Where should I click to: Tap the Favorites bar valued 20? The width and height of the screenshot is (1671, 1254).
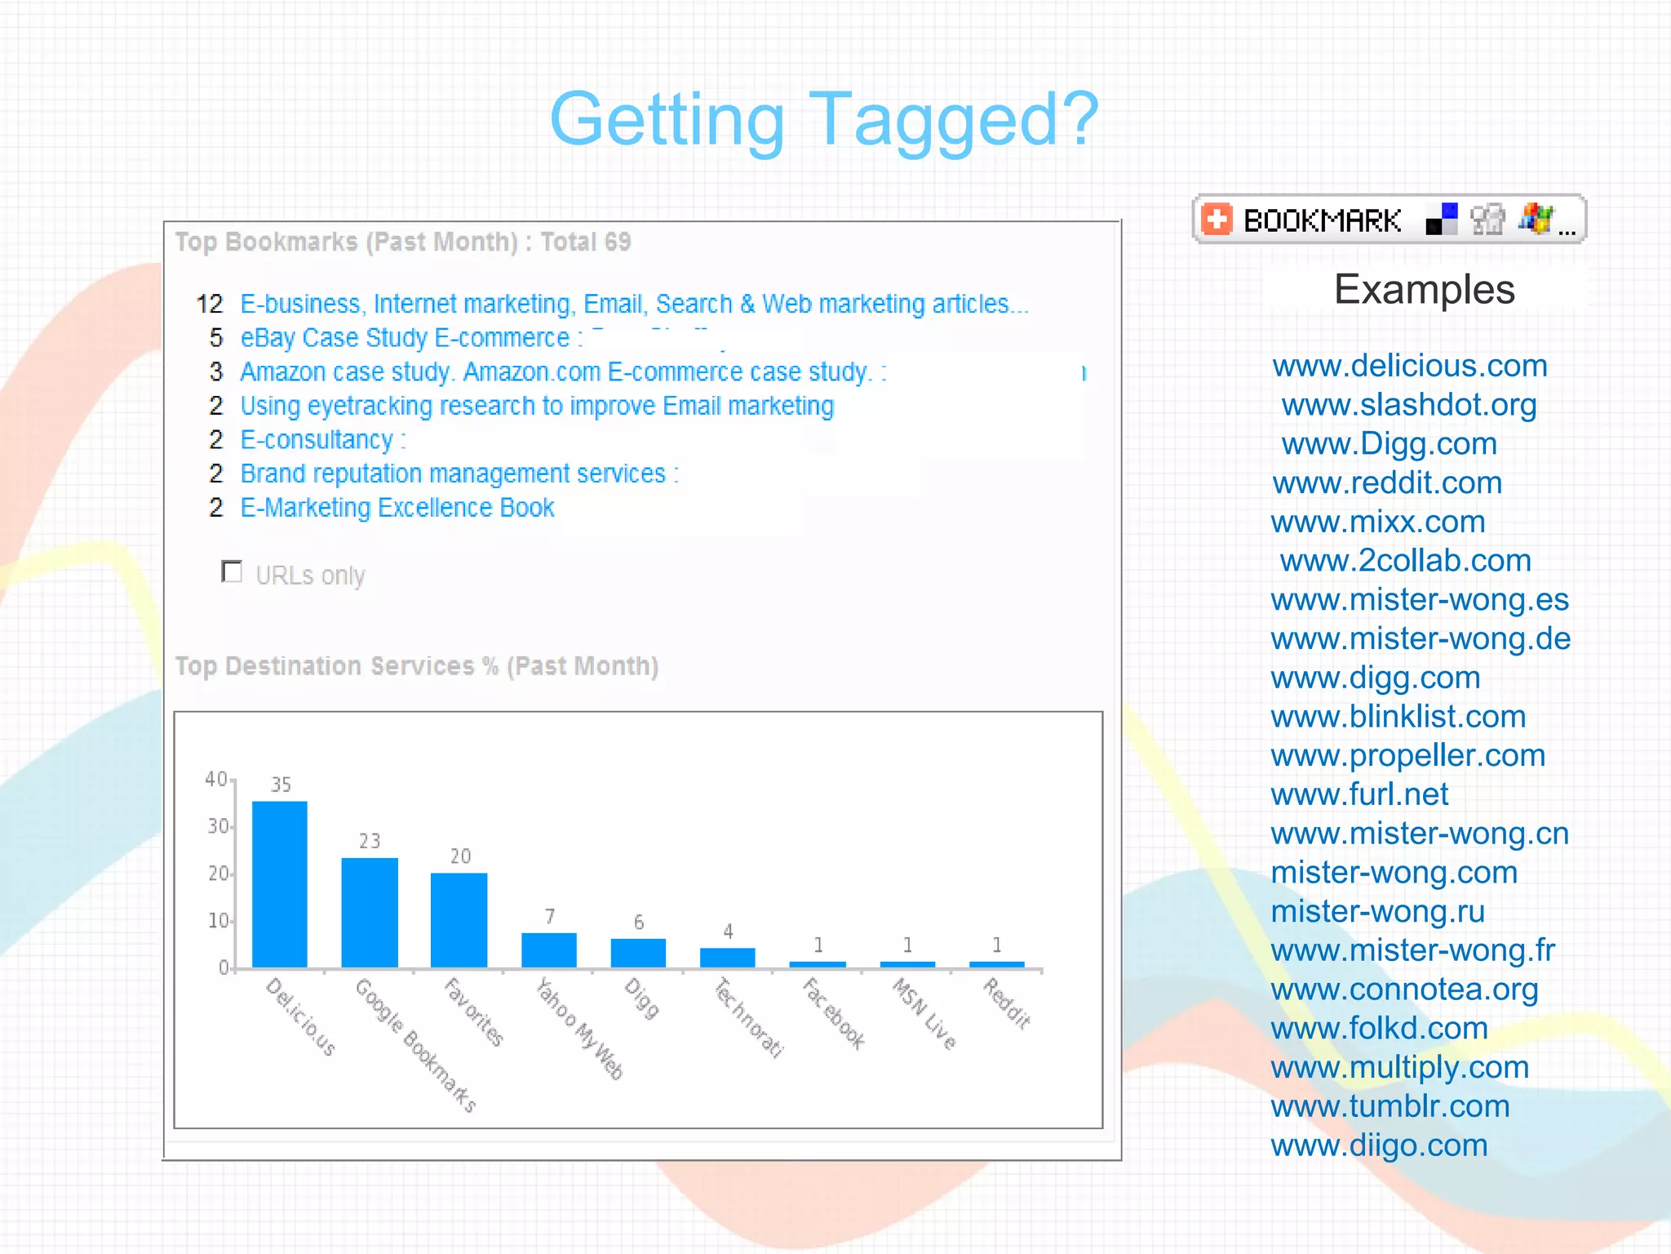coord(459,920)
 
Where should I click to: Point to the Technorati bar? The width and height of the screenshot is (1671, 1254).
coord(728,957)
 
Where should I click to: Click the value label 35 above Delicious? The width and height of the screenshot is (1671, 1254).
coord(281,785)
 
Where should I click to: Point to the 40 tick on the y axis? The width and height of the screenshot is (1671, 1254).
coord(216,780)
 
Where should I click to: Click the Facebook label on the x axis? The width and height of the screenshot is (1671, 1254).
coord(833,1012)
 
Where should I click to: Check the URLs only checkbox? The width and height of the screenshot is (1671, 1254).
coord(233,571)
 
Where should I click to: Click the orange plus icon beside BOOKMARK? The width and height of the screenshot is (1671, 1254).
coord(1217,220)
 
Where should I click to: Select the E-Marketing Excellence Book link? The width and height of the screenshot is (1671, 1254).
coord(397,508)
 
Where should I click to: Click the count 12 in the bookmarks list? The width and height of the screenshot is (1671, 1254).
coord(210,305)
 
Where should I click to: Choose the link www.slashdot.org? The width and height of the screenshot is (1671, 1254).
coord(1409,405)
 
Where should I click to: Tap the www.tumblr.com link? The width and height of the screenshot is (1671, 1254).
coord(1390,1106)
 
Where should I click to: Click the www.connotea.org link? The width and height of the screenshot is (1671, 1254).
coord(1404,989)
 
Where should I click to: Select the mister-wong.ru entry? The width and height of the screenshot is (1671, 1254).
coord(1377,911)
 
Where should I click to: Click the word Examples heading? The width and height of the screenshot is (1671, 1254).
coord(1425,290)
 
